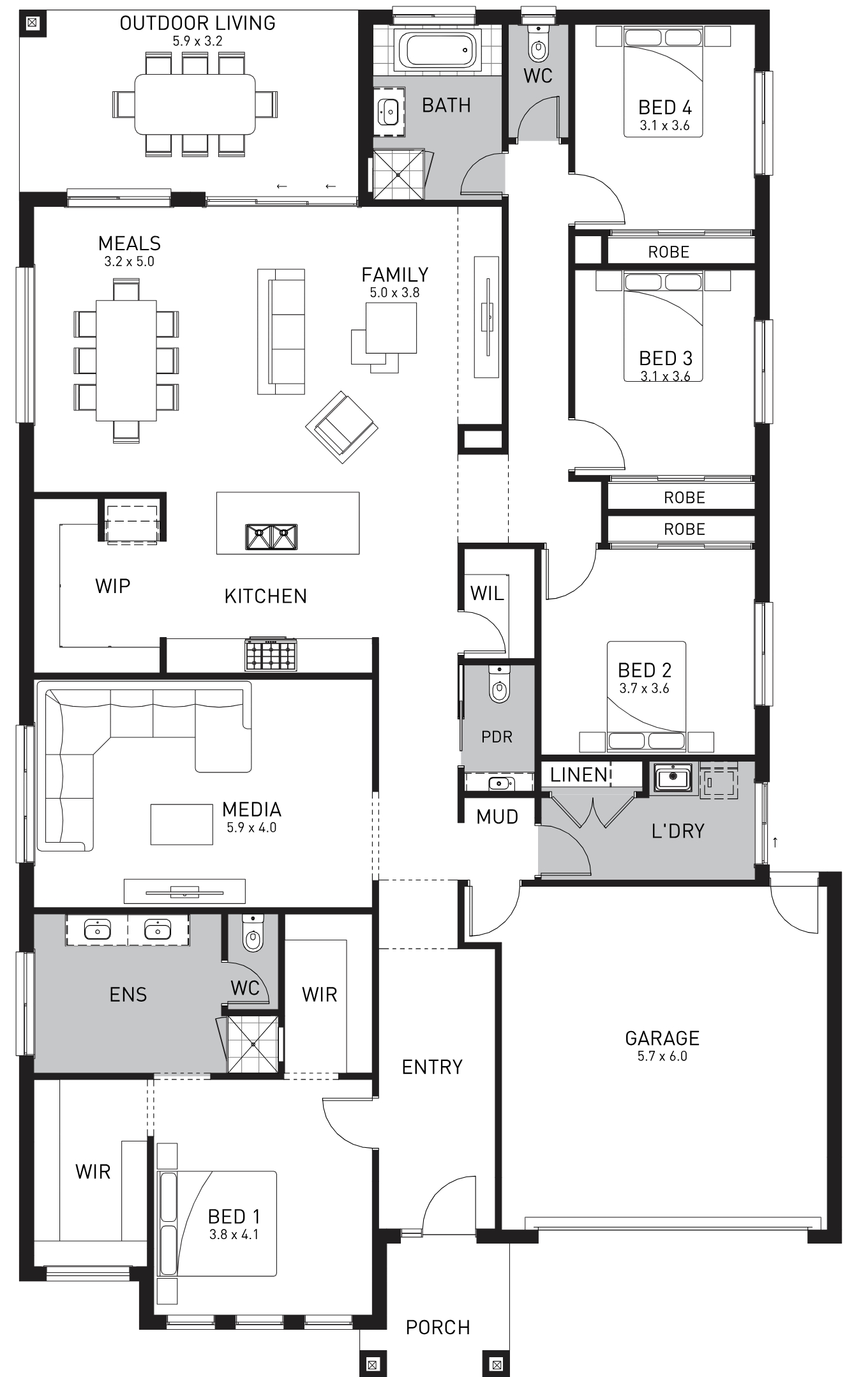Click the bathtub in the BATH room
tap(438, 50)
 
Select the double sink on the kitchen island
tap(272, 537)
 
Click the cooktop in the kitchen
tap(271, 654)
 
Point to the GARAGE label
tap(662, 1038)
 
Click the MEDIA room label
tap(251, 809)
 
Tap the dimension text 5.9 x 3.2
tap(197, 41)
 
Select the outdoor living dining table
tap(195, 104)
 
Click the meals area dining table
tap(126, 361)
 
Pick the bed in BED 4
tap(663, 82)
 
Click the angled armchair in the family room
tap(341, 426)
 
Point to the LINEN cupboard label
tap(579, 775)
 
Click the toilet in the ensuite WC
tap(253, 933)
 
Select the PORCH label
tap(438, 1328)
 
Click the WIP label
tap(113, 586)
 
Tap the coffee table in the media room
tap(181, 824)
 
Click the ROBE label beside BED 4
tap(669, 252)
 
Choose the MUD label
tap(497, 816)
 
